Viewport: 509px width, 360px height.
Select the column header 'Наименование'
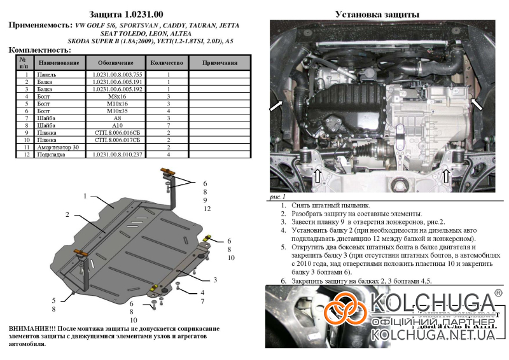coord(59,64)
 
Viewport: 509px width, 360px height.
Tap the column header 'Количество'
coord(168,64)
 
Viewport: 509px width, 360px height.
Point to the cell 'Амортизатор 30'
coord(59,147)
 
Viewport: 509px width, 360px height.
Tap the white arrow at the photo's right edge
coord(476,104)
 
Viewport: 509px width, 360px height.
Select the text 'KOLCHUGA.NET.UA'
coord(434,335)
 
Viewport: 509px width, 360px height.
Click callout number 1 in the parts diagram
coord(84,196)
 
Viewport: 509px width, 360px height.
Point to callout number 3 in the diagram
coord(215,279)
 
